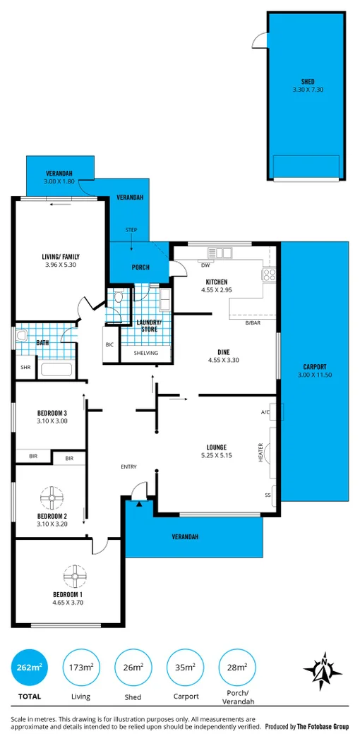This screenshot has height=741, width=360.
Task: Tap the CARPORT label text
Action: pyautogui.click(x=314, y=366)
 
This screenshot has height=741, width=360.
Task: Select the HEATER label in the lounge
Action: pyautogui.click(x=260, y=452)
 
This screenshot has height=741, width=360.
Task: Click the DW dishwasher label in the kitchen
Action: pyautogui.click(x=206, y=266)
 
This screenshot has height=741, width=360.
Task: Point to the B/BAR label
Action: pyautogui.click(x=253, y=323)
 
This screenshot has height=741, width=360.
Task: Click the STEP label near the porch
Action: pyautogui.click(x=131, y=230)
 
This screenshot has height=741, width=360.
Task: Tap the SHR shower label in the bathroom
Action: pyautogui.click(x=25, y=367)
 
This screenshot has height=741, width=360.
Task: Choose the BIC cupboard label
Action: pyautogui.click(x=109, y=345)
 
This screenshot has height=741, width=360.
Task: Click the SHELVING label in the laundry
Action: pyautogui.click(x=145, y=353)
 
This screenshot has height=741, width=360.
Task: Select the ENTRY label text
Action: pyautogui.click(x=129, y=466)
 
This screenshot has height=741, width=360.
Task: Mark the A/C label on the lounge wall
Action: pyautogui.click(x=265, y=412)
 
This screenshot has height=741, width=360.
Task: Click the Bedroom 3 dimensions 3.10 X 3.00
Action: pyautogui.click(x=52, y=421)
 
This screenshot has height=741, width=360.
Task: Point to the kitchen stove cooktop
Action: pyautogui.click(x=269, y=275)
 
